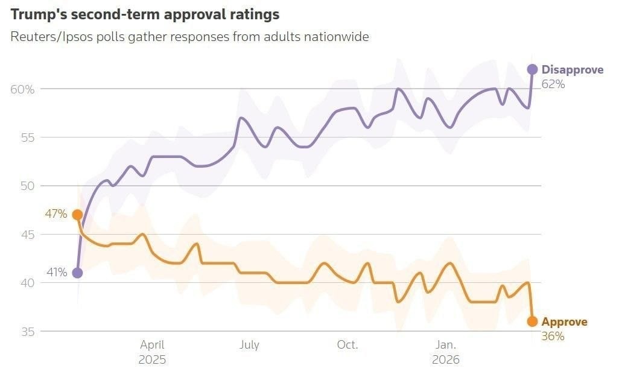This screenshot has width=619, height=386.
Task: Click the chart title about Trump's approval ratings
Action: [145, 13]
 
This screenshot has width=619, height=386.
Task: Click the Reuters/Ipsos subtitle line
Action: [189, 37]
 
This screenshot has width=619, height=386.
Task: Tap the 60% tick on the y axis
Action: [22, 89]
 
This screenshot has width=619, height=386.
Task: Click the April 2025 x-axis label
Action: [152, 352]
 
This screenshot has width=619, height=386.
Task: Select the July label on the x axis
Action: [249, 345]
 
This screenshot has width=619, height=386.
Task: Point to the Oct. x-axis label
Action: [348, 345]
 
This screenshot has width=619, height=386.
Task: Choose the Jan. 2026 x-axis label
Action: [446, 352]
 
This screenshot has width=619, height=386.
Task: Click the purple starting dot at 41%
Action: [77, 273]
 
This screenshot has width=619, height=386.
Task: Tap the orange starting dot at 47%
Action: [77, 215]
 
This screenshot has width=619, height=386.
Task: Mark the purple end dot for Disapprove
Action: [532, 69]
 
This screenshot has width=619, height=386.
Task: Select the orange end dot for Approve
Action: [532, 321]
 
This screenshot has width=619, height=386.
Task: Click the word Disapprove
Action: [572, 70]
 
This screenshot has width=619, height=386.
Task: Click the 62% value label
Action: [553, 84]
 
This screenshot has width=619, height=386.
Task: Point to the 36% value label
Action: [553, 337]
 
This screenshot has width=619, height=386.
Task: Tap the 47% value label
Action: [56, 214]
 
